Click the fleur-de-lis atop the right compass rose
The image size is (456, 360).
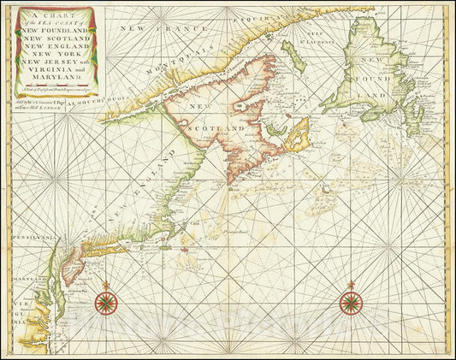click(350, 284)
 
